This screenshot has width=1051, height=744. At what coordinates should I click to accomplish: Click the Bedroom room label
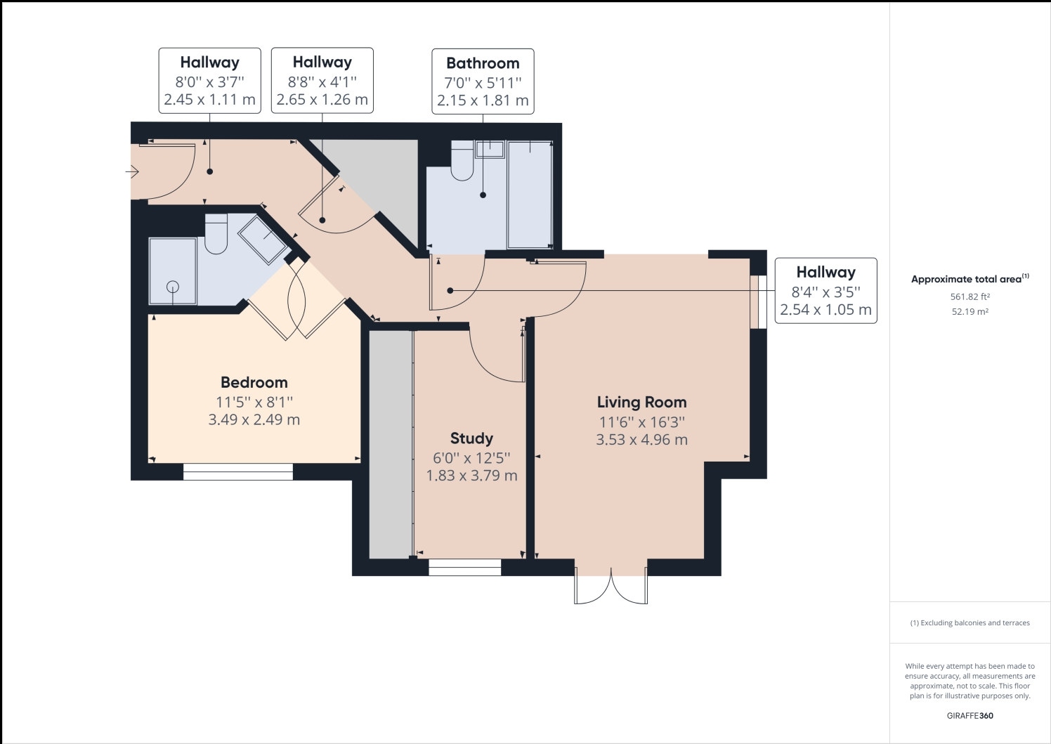(x=254, y=383)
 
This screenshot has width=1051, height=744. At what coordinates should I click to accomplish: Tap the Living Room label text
(x=641, y=403)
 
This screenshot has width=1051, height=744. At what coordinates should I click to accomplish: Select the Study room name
(x=471, y=438)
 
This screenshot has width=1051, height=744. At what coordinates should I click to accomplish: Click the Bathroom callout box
(x=483, y=81)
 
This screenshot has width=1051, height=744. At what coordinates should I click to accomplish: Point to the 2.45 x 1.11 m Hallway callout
(x=209, y=81)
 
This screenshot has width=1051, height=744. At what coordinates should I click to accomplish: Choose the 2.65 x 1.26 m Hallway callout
(x=322, y=81)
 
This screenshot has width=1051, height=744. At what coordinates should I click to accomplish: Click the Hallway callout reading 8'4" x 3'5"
(x=825, y=291)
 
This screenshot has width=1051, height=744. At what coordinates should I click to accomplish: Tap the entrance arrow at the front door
(x=132, y=171)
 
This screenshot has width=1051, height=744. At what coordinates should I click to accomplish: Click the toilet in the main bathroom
(x=462, y=164)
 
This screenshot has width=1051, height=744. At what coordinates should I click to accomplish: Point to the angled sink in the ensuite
(x=263, y=239)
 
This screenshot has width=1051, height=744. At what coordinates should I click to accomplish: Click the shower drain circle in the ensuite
(x=172, y=287)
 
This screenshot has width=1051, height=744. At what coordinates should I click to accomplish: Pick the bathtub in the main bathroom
(x=529, y=195)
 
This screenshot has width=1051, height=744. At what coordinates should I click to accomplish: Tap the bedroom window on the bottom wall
(x=237, y=471)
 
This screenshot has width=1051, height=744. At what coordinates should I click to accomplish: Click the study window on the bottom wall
(x=464, y=568)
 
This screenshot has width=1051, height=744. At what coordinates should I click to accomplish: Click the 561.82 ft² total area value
(x=970, y=297)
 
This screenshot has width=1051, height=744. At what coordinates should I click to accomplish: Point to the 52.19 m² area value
(x=970, y=312)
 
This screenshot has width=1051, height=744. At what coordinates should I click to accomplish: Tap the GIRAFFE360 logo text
(x=970, y=716)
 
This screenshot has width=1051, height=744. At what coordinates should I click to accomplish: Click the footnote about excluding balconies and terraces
(x=970, y=623)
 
